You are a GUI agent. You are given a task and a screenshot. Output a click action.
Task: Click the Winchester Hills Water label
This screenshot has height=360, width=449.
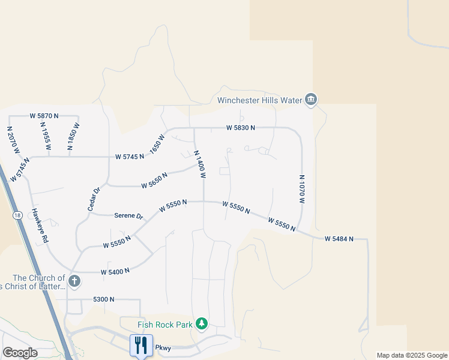(259, 100)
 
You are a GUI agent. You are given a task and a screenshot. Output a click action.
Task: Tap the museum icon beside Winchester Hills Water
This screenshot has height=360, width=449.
(311, 100)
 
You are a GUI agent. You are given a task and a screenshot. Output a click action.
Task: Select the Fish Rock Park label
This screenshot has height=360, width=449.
(165, 325)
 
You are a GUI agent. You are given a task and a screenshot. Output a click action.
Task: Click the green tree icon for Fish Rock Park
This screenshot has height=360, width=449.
(202, 324)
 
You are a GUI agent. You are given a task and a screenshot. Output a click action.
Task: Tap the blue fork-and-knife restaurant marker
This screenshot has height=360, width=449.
(141, 345)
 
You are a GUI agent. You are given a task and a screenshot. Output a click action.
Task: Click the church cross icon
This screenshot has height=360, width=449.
(74, 281)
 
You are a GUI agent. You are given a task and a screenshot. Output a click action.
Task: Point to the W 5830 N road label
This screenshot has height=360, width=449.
(241, 128)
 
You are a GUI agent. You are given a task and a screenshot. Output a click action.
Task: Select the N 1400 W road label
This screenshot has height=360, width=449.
(200, 164)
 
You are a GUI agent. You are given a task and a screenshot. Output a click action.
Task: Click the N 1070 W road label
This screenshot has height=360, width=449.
(303, 189)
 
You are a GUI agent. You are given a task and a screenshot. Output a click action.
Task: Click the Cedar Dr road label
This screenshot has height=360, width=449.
(94, 198)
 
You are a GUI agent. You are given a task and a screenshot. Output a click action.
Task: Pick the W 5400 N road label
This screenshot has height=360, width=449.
(115, 272)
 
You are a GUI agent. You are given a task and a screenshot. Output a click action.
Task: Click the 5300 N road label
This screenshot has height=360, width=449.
(103, 299)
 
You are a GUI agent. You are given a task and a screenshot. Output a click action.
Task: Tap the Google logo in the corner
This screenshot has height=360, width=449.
(20, 353)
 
